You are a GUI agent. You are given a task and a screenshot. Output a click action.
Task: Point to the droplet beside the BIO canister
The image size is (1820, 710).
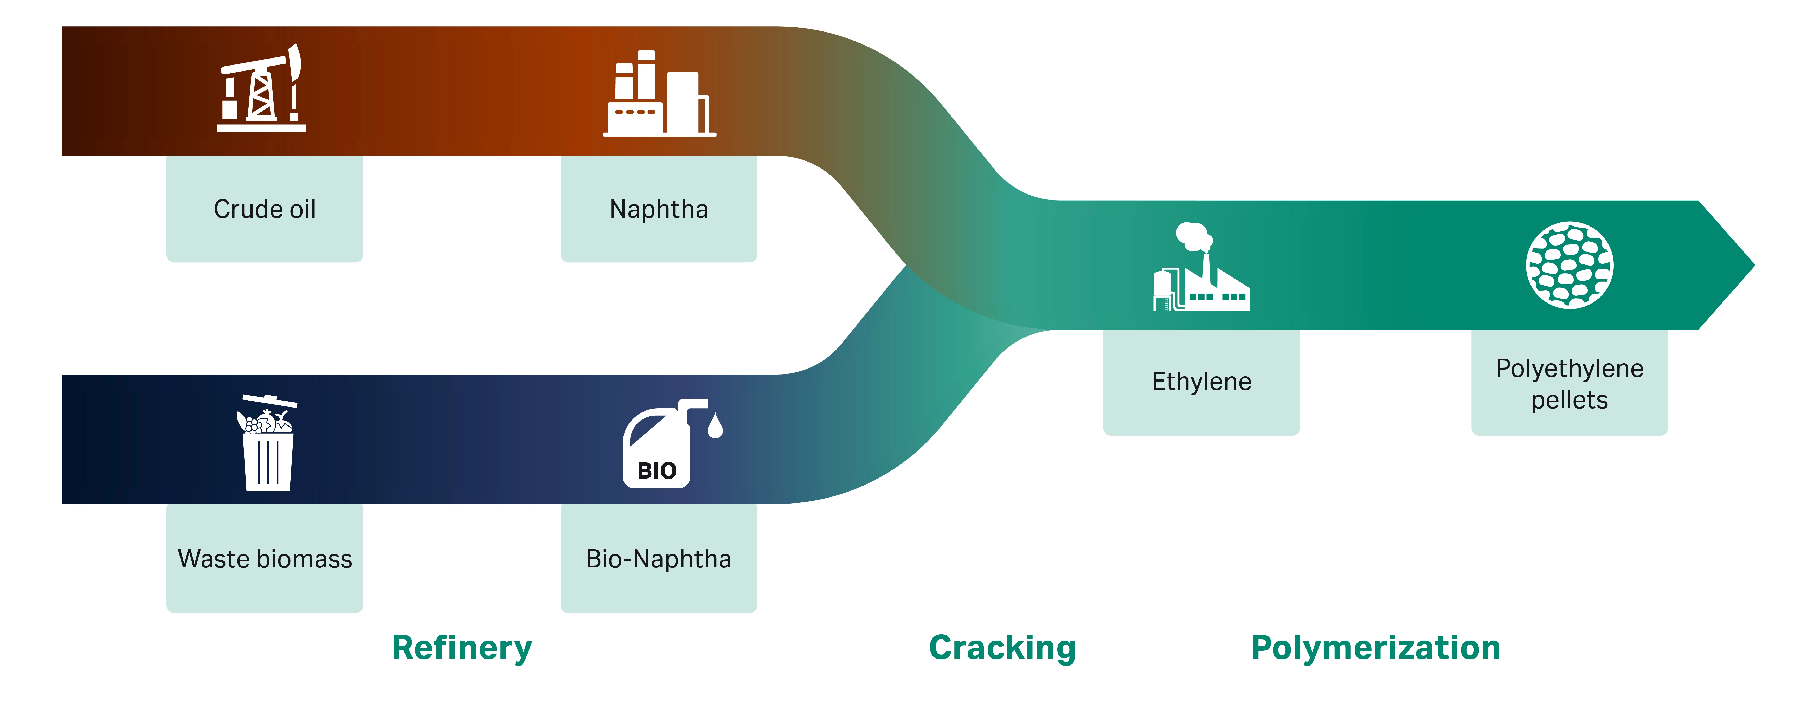[x=715, y=426]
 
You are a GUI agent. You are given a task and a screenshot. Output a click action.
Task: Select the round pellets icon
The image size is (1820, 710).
[x=1569, y=265]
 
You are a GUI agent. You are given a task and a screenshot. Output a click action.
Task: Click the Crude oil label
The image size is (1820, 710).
[x=265, y=209]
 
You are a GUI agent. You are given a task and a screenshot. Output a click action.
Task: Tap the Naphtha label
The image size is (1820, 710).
[x=659, y=209]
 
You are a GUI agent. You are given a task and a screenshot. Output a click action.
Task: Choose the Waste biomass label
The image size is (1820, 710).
[x=265, y=559]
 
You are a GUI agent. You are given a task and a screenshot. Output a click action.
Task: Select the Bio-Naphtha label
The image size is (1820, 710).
[x=659, y=559]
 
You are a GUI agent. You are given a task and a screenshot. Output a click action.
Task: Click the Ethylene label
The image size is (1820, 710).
[x=1201, y=382]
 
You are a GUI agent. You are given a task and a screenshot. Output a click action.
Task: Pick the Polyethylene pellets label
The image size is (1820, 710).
[x=1569, y=384]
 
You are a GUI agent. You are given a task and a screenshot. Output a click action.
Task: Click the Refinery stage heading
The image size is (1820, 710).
[x=462, y=648]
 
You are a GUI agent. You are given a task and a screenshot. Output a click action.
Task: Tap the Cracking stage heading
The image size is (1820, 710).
[x=1002, y=648]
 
